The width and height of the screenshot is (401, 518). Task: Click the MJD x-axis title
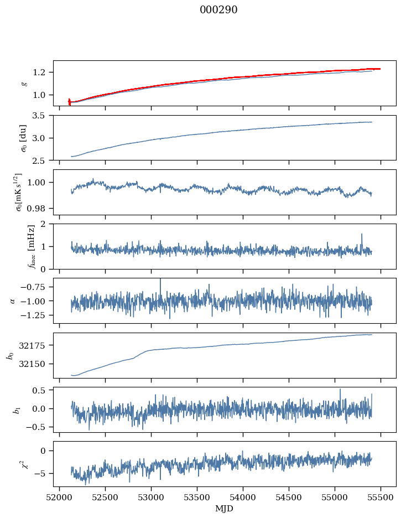225,508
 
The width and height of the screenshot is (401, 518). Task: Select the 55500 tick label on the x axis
381,496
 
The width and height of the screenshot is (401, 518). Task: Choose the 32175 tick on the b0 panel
37,345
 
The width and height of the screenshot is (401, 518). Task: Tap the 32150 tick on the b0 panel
37,364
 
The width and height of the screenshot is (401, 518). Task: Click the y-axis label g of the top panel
23,83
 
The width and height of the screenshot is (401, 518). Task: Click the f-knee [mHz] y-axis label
16,246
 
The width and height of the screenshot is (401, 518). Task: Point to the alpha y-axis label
13,301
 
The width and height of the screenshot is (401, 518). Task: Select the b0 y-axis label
10,355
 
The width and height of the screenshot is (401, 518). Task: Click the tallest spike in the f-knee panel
362,234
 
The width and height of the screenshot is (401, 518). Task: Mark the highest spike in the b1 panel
340,389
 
